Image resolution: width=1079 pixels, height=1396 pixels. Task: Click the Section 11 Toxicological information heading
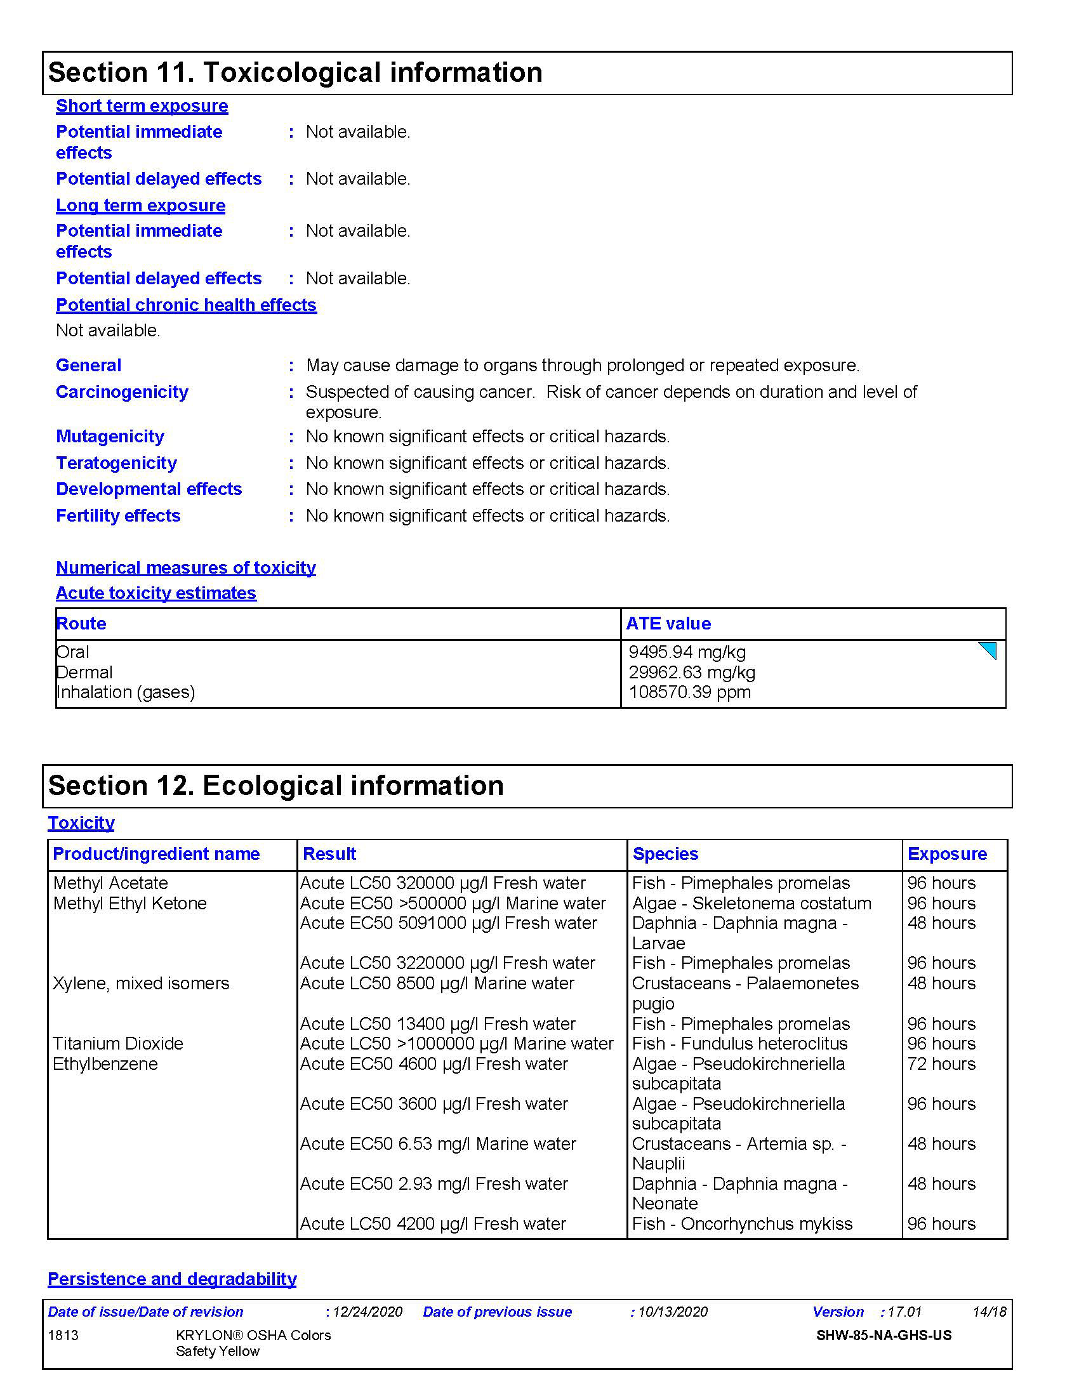(x=295, y=72)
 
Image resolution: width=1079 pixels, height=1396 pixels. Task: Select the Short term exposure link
(x=142, y=105)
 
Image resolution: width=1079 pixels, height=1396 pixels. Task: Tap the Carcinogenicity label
(x=122, y=392)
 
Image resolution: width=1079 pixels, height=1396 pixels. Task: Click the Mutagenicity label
(x=110, y=437)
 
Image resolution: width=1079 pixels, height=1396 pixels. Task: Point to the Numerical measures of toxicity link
(x=186, y=568)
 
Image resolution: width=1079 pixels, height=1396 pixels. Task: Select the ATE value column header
(x=668, y=624)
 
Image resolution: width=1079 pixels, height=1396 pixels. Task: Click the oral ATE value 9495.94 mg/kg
(x=687, y=652)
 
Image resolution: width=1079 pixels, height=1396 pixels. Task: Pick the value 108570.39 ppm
(x=690, y=692)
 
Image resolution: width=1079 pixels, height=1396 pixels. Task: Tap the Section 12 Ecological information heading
(x=276, y=786)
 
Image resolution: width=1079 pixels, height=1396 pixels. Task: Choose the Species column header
(x=665, y=854)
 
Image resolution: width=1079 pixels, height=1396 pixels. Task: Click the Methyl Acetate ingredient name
(x=110, y=883)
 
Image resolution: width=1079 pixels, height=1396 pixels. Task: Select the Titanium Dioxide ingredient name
(x=118, y=1044)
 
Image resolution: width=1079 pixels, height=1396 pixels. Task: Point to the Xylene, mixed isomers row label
(x=141, y=984)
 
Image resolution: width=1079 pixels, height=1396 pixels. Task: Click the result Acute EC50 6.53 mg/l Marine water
(x=439, y=1144)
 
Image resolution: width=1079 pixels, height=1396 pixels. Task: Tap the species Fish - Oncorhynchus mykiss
(x=742, y=1224)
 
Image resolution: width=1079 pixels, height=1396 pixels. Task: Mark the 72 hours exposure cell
(x=941, y=1064)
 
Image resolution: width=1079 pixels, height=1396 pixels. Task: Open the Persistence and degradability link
(x=173, y=1279)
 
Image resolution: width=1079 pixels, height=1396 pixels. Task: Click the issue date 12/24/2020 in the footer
(x=367, y=1312)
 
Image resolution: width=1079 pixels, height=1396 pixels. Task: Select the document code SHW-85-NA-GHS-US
(x=884, y=1335)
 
